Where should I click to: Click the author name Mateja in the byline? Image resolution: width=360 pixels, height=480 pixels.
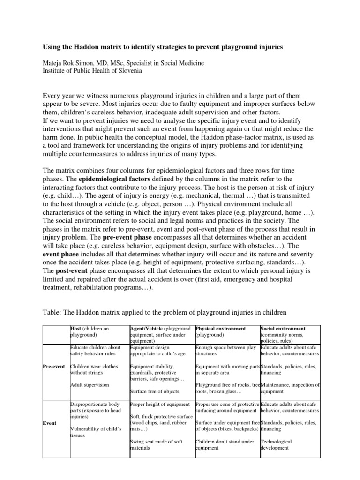pos(55,63)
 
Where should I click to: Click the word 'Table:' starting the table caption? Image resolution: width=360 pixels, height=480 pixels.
pos(53,312)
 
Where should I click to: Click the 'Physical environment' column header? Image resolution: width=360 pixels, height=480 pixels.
pos(220,329)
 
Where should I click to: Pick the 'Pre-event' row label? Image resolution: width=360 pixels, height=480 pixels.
pos(55,366)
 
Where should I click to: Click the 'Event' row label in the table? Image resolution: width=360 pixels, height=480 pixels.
pos(50,423)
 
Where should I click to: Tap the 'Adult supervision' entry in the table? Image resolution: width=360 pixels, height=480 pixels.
pos(90,385)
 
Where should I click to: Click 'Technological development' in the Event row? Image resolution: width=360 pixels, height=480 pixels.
pos(276,444)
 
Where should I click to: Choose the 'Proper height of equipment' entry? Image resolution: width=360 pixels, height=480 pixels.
pos(160,404)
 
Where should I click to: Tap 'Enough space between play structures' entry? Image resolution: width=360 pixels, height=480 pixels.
pos(226,350)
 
